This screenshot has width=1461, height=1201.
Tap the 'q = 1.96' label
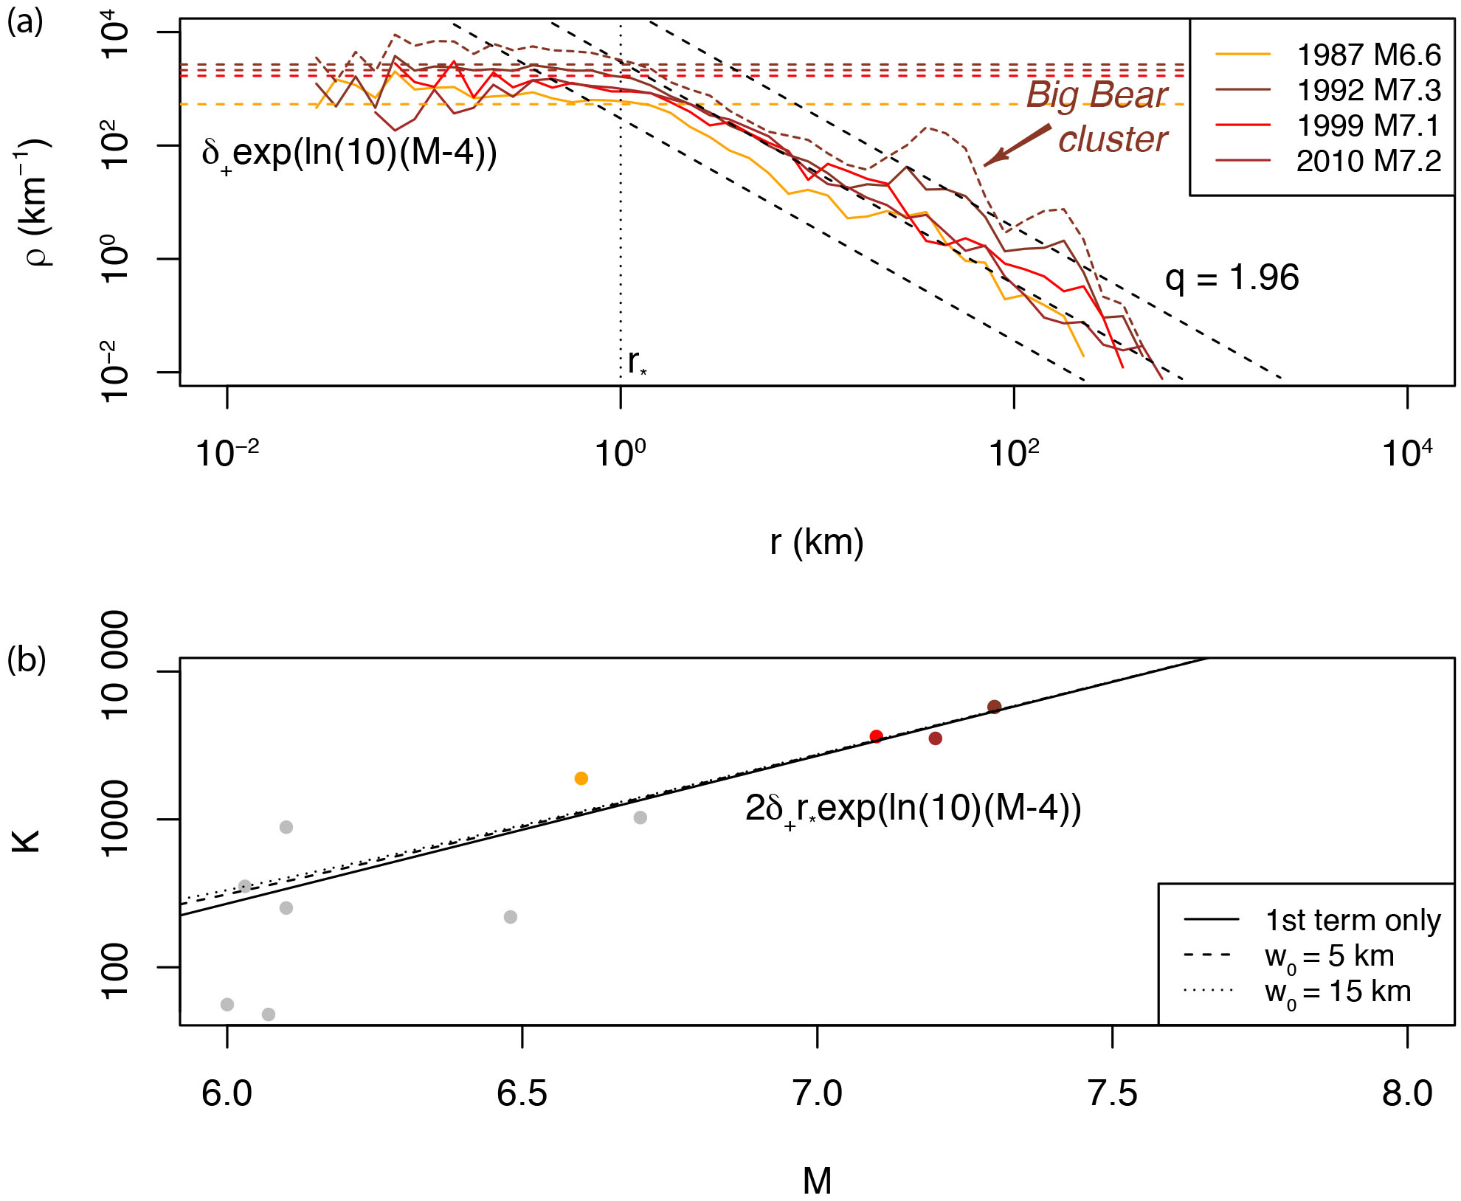1232,277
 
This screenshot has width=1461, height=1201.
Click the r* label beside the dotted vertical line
637,362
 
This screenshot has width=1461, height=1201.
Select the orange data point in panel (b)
581,778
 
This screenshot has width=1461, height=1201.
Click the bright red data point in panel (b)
877,736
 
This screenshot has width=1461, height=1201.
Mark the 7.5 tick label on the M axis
1113,1093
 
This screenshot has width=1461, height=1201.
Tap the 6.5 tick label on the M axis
522,1093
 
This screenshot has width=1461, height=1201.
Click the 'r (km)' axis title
817,542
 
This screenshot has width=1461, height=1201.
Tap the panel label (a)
25,22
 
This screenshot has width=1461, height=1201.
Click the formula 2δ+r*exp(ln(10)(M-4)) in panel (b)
913,809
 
